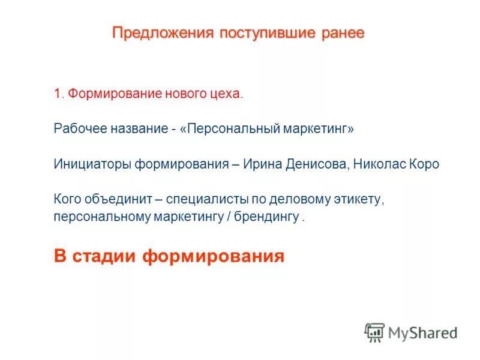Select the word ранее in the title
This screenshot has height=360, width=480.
tap(343, 32)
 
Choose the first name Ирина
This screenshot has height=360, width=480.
tap(261, 164)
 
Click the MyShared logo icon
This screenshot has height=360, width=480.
tap(374, 332)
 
